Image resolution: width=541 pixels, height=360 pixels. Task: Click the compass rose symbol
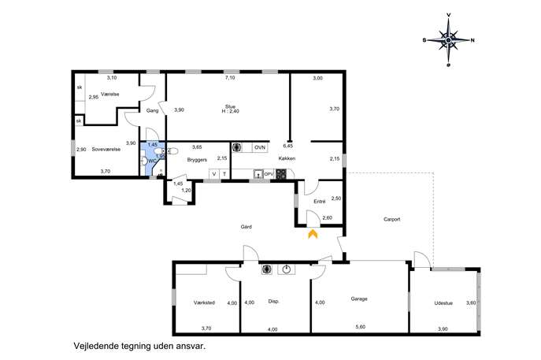[448, 40]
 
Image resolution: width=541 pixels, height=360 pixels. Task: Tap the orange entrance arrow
[313, 234]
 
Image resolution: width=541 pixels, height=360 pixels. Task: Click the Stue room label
[230, 106]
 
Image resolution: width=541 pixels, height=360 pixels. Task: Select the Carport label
[391, 219]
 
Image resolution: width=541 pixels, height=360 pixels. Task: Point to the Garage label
[359, 299]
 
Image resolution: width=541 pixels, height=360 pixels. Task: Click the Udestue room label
[443, 303]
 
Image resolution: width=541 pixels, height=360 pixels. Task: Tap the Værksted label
[204, 302]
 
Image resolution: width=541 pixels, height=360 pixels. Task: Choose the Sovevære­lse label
[106, 150]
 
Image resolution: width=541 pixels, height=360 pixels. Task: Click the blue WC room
[152, 159]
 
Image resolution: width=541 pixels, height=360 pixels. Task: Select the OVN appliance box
[259, 148]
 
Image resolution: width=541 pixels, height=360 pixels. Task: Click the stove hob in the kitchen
[281, 174]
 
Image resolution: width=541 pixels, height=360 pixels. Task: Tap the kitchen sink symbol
[258, 174]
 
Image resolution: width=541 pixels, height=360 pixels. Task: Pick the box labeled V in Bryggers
[214, 174]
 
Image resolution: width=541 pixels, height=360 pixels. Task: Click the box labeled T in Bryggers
[224, 174]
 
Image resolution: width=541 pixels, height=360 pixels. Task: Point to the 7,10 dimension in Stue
[230, 78]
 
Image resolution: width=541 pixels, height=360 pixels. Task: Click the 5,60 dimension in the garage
[360, 327]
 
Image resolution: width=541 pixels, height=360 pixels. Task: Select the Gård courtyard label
[246, 227]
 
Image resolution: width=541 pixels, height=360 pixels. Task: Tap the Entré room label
[320, 202]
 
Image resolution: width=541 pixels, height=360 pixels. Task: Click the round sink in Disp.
[287, 269]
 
